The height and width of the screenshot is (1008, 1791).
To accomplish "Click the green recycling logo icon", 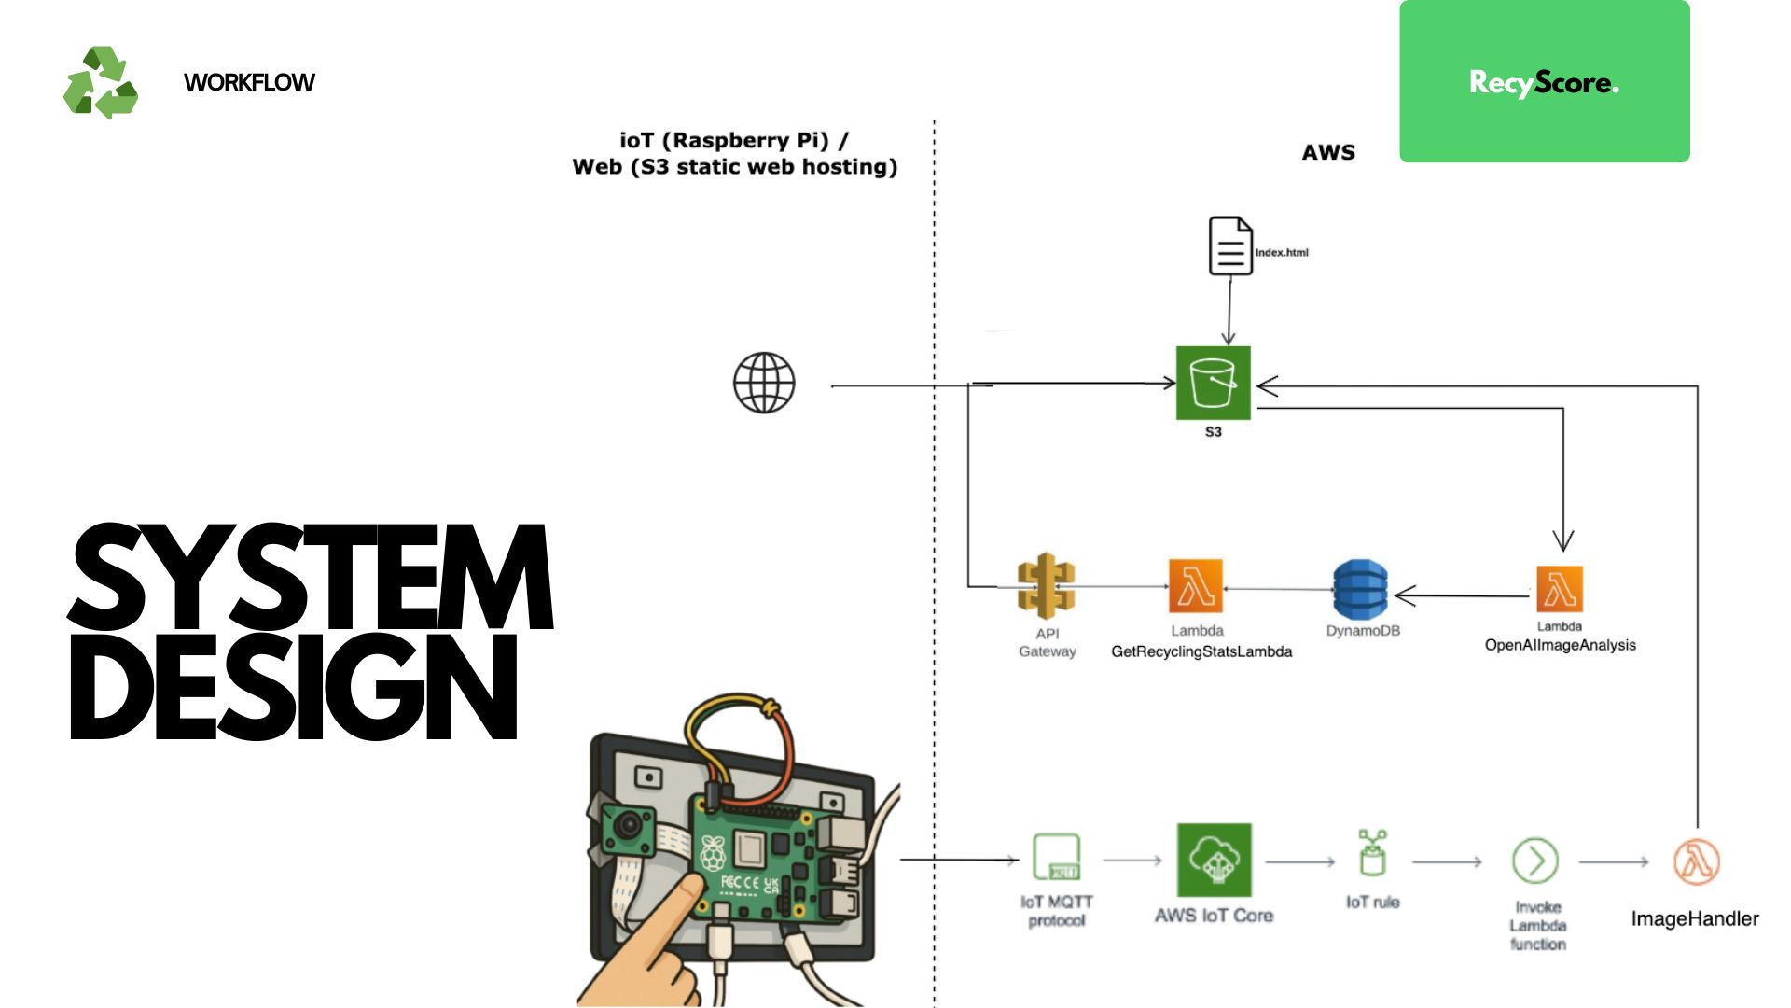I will [101, 82].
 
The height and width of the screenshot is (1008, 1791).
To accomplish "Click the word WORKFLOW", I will [249, 82].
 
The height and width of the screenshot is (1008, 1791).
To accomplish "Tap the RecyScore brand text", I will [1544, 82].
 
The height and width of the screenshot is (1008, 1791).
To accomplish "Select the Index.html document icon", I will [1230, 246].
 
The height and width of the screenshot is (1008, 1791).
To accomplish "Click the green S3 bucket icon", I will [1213, 383].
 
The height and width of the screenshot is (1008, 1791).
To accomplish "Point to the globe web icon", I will [764, 383].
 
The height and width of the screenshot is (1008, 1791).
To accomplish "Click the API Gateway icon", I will [1046, 586].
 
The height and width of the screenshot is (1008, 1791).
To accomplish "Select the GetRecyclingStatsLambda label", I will [1201, 651].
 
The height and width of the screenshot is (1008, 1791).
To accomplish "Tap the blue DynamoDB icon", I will [1360, 589].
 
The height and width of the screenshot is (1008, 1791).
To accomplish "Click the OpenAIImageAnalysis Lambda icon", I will [1560, 589].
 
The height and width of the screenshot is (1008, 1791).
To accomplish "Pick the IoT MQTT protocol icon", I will [1057, 857].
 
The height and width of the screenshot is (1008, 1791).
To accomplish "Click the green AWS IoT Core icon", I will [1214, 860].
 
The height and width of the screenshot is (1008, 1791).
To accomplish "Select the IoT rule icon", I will [1372, 853].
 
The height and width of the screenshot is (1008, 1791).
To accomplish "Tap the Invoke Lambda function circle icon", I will [1535, 861].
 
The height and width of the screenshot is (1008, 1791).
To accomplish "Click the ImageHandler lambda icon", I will [1697, 861].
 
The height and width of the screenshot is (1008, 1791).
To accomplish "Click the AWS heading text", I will [1327, 152].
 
